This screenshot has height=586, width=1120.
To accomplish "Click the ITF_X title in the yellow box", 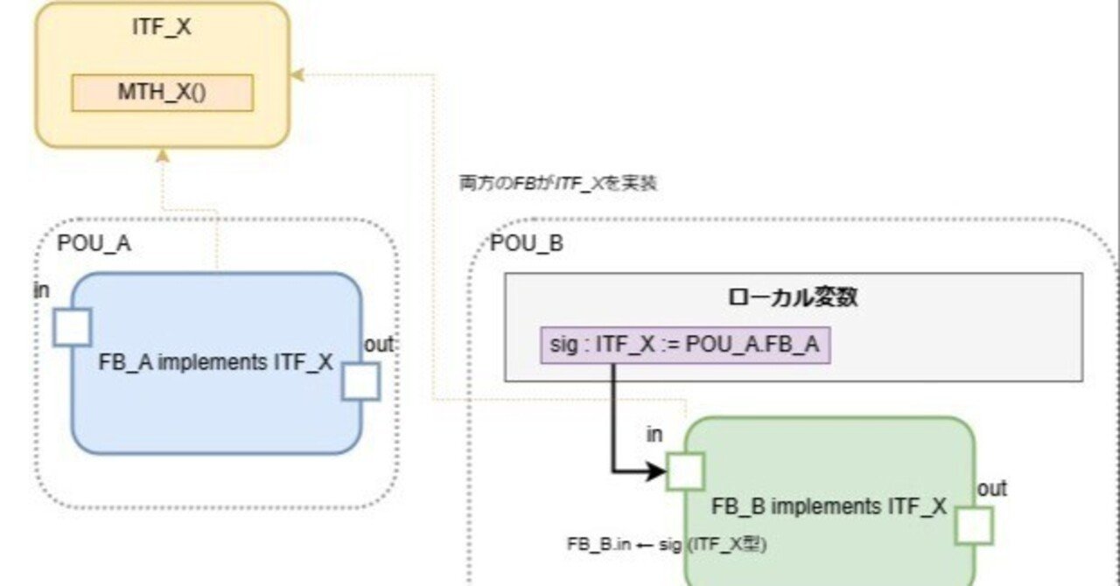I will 162,28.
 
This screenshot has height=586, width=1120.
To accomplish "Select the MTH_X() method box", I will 162,93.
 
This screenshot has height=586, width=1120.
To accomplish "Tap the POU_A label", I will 94,243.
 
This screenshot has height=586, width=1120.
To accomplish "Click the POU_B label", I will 527,243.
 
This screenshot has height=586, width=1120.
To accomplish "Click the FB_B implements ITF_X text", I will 829,506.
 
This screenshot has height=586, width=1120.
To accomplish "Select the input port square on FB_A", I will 72,327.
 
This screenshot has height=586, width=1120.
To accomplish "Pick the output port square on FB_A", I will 360,381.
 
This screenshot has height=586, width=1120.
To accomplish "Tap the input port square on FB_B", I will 685,471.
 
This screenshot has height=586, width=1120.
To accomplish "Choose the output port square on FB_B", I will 973,526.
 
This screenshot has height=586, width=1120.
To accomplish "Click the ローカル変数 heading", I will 793,297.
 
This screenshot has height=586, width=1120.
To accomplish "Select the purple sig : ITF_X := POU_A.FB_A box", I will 685,345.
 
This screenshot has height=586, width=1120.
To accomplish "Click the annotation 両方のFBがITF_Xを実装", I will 558,184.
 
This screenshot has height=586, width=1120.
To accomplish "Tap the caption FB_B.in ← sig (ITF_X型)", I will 667,543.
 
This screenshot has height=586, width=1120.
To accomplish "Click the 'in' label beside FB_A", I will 42,290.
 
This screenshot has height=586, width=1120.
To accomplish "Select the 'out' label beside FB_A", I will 379,345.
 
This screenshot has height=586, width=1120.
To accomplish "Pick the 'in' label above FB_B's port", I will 654,434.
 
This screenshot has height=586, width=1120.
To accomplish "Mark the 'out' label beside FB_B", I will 991,489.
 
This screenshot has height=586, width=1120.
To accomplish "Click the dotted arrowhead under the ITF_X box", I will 161,156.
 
